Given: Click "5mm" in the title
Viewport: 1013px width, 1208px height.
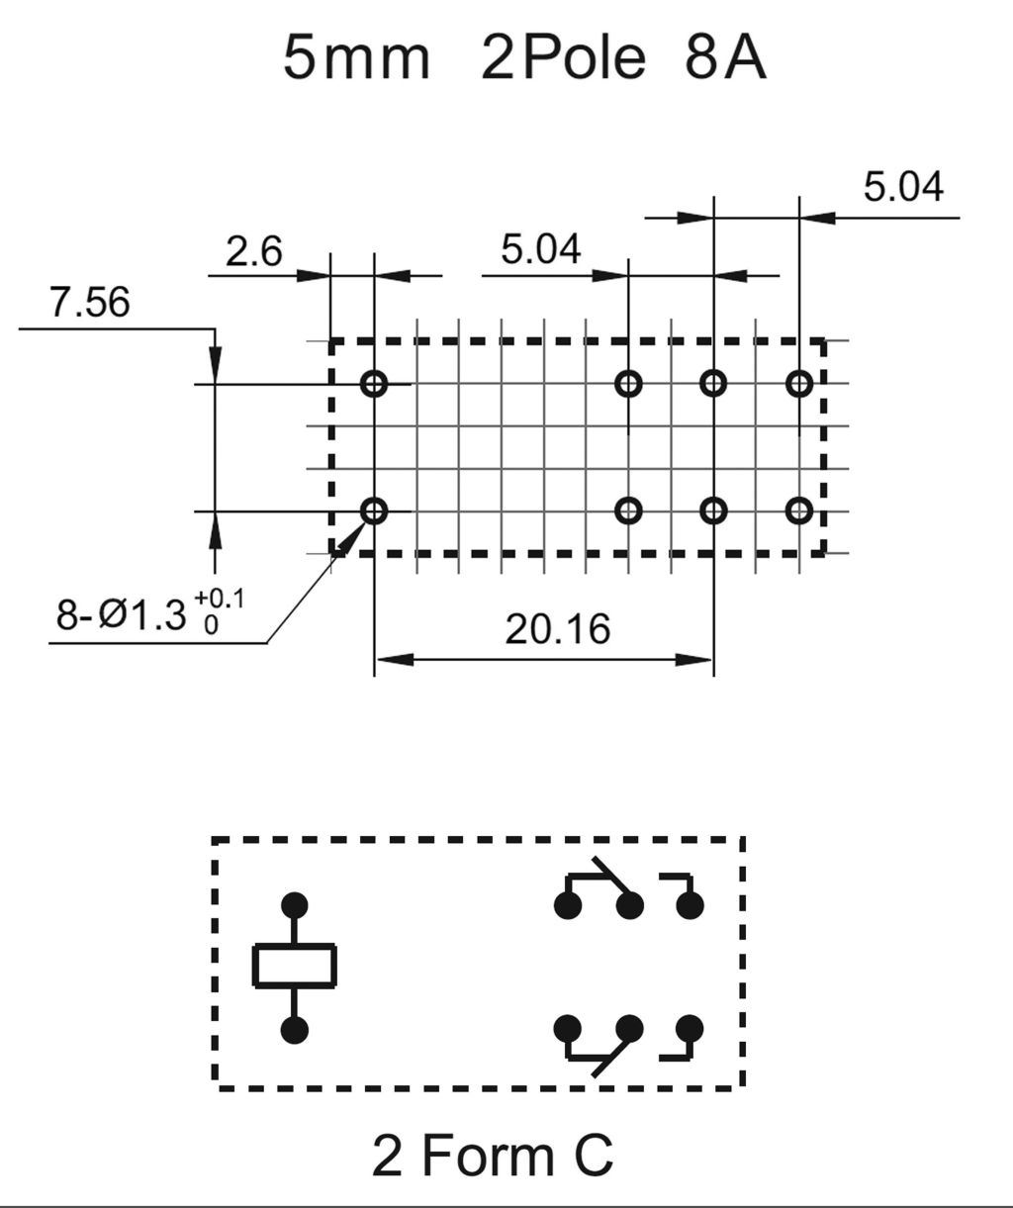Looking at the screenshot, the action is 356,58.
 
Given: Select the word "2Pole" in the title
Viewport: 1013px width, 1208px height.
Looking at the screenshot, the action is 563,58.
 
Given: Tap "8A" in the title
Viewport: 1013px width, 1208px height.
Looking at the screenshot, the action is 724,58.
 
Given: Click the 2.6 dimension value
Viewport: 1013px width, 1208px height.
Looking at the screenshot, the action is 253,251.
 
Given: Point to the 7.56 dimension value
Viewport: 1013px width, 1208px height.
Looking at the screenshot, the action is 89,303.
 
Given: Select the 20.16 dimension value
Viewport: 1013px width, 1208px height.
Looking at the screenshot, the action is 558,628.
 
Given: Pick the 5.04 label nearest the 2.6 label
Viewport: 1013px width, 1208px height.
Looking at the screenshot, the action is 540,249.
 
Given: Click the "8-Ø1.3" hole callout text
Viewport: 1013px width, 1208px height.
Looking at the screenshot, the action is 121,616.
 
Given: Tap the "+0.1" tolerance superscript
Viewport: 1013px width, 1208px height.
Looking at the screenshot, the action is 219,600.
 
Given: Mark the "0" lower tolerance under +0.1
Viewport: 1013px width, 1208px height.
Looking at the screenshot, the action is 210,625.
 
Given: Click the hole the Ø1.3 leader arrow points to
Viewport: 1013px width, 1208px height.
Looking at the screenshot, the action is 374,511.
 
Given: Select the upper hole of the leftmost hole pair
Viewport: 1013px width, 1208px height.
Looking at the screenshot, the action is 374,384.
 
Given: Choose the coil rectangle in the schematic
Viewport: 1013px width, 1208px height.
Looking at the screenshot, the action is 295,967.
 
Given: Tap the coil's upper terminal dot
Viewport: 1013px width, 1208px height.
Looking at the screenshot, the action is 294,904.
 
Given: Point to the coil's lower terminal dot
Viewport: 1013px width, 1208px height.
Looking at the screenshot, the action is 294,1030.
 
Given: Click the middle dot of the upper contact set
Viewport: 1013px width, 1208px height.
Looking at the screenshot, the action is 628,904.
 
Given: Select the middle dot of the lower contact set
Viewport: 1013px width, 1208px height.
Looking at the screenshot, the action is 628,1029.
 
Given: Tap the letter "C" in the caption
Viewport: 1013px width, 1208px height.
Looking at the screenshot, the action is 592,1156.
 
